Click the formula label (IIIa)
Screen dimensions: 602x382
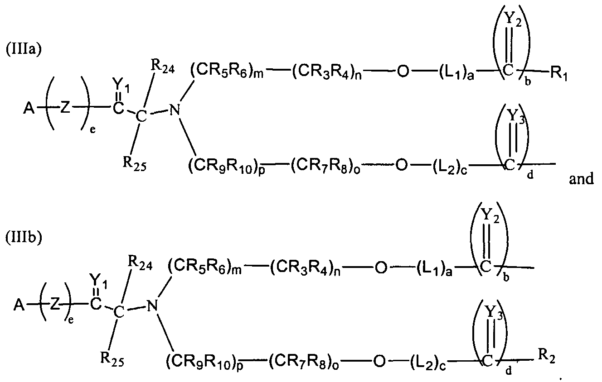(24, 49)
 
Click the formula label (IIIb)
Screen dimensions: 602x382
(24, 238)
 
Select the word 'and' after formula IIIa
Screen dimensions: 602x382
(581, 178)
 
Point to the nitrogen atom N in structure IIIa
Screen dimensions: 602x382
(175, 110)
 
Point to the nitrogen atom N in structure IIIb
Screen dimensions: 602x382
(153, 306)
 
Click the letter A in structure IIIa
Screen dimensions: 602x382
(29, 109)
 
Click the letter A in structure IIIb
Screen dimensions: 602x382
(19, 305)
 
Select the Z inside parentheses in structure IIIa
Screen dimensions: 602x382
(65, 108)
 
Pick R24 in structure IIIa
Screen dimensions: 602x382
(162, 67)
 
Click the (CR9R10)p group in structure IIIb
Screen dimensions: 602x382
(204, 361)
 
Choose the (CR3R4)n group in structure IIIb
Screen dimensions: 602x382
(305, 268)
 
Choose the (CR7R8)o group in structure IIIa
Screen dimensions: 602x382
(325, 166)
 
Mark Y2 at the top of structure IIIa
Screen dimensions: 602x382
(513, 19)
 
